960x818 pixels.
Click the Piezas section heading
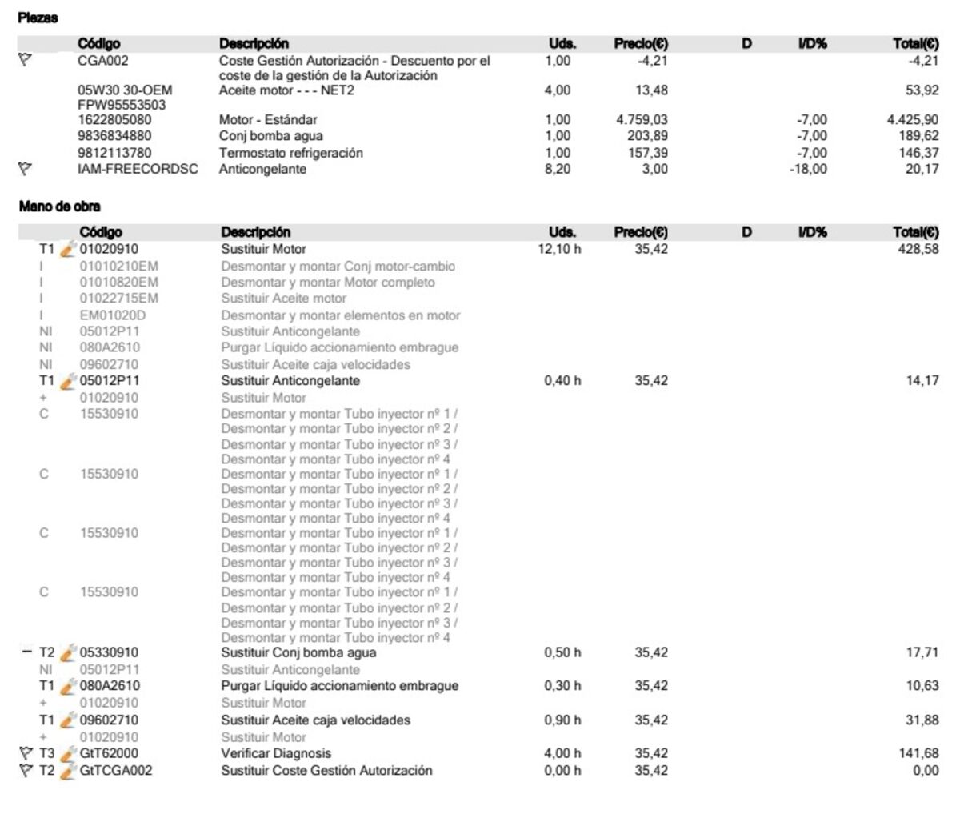pyautogui.click(x=38, y=18)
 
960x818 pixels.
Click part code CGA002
pyautogui.click(x=103, y=61)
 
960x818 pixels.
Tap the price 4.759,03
pyautogui.click(x=642, y=120)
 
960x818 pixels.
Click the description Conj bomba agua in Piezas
pyautogui.click(x=271, y=136)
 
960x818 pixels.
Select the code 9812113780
pyautogui.click(x=114, y=153)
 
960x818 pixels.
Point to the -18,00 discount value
pyautogui.click(x=808, y=169)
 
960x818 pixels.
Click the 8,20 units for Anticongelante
pyautogui.click(x=558, y=169)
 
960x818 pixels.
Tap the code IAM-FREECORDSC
pyautogui.click(x=138, y=169)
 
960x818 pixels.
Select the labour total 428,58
pyautogui.click(x=918, y=249)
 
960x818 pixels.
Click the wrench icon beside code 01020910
pyautogui.click(x=68, y=249)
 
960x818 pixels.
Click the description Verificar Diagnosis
pyautogui.click(x=276, y=753)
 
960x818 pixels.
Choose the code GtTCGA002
pyautogui.click(x=117, y=770)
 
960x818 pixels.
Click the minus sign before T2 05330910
pyautogui.click(x=26, y=652)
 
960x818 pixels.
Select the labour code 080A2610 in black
pyautogui.click(x=110, y=686)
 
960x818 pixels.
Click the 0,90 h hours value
pyautogui.click(x=562, y=720)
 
